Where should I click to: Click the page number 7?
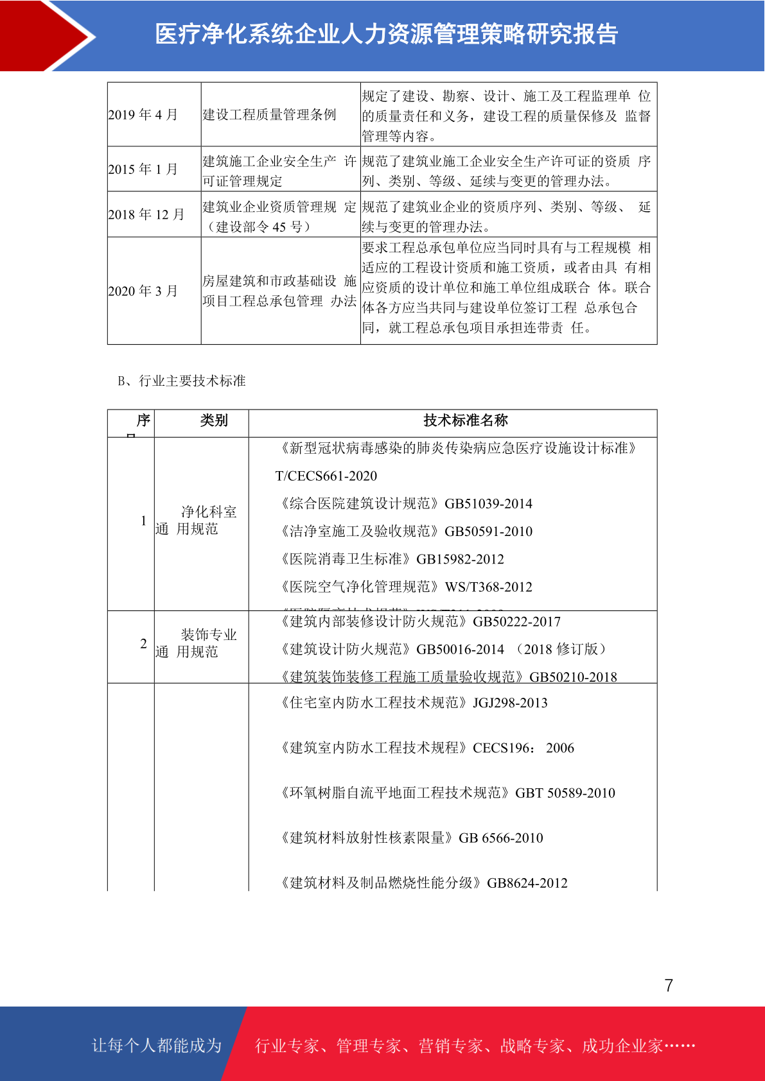tap(669, 985)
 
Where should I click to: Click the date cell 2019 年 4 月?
tap(143, 115)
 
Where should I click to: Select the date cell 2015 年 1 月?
tap(143, 169)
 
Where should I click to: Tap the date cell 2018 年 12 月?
tap(146, 214)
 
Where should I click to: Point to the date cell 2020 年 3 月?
tap(143, 291)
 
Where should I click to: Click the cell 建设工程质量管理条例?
tap(269, 115)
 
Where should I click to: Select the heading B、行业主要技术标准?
tap(182, 381)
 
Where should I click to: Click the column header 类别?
tap(214, 420)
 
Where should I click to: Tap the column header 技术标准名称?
tap(466, 420)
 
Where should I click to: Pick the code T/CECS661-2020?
tap(326, 476)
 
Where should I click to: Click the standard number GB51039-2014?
tap(488, 504)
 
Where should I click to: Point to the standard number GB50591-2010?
tap(488, 532)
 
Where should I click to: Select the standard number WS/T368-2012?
tap(488, 587)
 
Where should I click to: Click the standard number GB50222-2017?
tap(516, 622)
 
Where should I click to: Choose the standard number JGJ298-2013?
tap(510, 703)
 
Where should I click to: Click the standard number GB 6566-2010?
tap(501, 838)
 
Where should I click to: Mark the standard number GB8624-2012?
tap(527, 883)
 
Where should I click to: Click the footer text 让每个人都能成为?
tap(157, 1046)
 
